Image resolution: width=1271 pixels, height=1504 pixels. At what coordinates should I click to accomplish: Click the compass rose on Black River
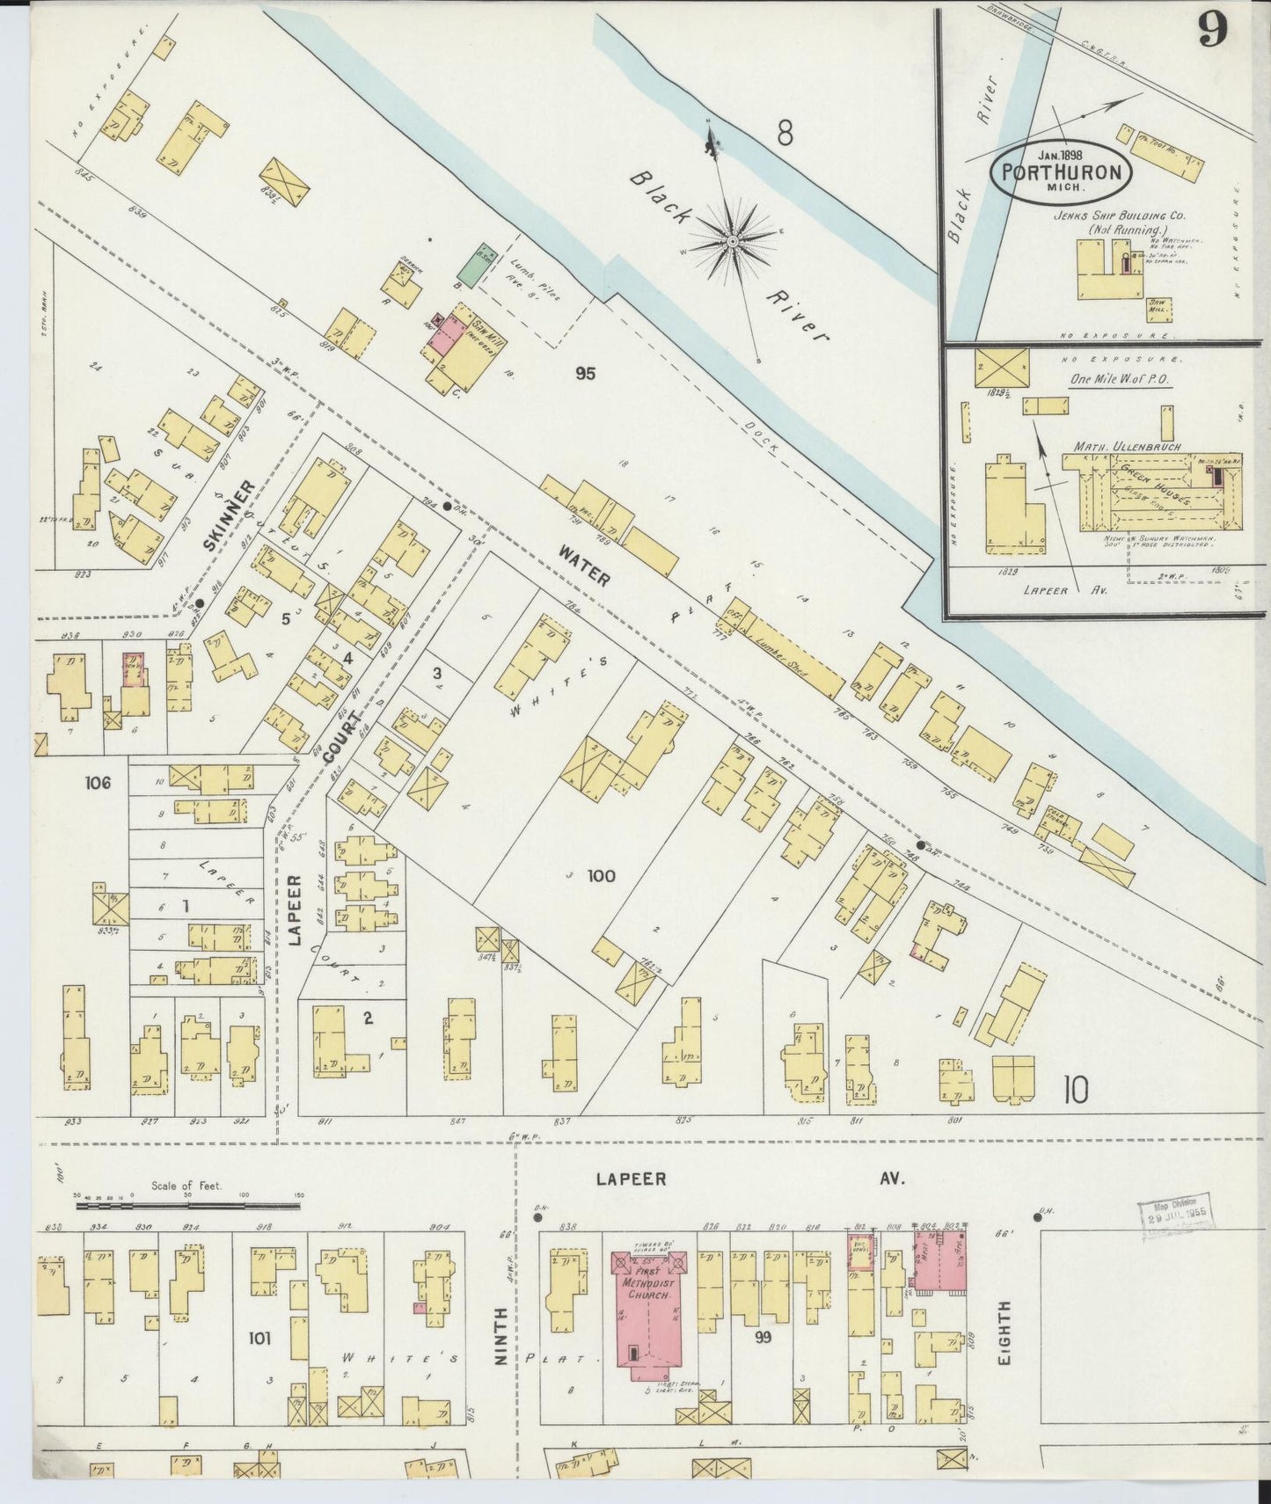(x=733, y=240)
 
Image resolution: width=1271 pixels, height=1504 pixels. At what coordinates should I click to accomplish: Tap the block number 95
(x=585, y=374)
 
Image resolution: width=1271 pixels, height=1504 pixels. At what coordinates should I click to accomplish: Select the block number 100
(x=602, y=875)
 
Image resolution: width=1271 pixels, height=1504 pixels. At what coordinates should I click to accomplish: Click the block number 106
(x=98, y=781)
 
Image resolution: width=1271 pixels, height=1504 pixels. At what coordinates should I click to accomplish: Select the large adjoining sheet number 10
(x=1075, y=1091)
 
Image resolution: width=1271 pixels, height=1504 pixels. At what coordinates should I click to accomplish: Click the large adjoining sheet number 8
(x=785, y=134)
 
